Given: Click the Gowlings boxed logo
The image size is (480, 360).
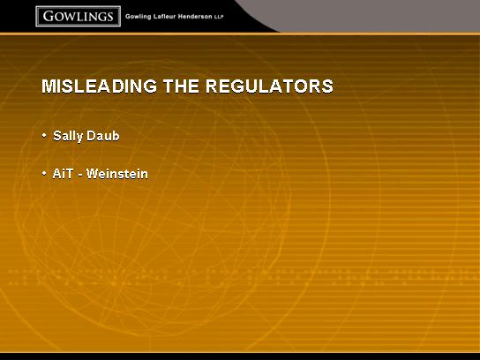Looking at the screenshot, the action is tap(78, 16).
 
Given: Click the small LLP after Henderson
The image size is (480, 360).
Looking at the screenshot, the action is tap(219, 18).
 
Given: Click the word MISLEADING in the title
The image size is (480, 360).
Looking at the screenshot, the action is tap(99, 86).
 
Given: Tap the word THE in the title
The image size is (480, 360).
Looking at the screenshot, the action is tap(181, 86).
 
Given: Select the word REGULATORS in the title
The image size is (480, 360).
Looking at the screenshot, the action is tap(269, 86).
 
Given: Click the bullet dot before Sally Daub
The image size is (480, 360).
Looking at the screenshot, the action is tap(44, 135).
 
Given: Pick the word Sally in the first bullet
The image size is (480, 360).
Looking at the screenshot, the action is tap(68, 136).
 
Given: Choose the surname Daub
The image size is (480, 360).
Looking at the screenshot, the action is tap(103, 136).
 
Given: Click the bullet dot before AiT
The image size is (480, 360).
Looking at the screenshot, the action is tap(44, 173).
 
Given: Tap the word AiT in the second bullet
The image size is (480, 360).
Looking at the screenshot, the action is tap(63, 174).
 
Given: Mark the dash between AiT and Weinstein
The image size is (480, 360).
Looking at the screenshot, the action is tap(80, 175).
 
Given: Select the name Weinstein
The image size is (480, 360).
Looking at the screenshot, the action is tap(117, 174).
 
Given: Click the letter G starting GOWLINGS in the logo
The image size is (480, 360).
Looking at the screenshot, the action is tap(49, 16).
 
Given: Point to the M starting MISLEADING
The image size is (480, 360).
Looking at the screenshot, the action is tap(49, 86).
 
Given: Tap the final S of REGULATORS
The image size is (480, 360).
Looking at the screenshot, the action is tap(327, 86).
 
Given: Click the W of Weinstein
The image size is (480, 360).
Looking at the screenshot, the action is tap(93, 174).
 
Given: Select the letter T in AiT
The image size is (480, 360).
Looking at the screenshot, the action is tap(70, 174).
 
